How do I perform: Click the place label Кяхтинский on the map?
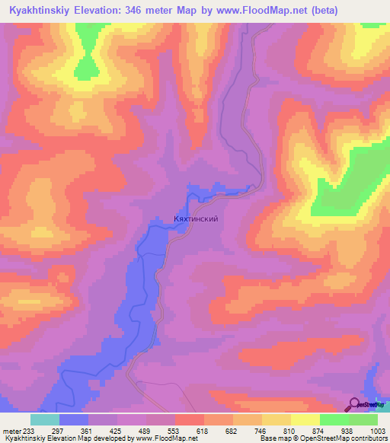coord(197,218)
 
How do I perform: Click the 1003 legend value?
coord(379,430)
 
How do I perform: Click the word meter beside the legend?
coord(12,430)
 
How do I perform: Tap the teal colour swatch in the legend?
coord(45,419)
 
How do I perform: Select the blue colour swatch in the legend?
coord(74,419)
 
